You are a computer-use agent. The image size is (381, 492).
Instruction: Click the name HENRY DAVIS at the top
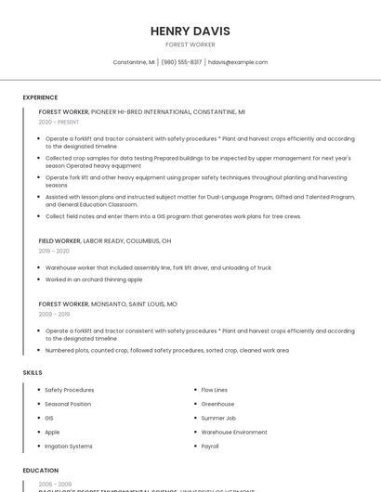(x=190, y=31)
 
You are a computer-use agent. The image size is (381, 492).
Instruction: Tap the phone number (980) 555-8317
(x=181, y=62)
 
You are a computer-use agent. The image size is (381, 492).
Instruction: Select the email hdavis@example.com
(x=238, y=62)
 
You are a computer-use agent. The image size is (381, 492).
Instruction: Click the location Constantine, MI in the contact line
(x=134, y=62)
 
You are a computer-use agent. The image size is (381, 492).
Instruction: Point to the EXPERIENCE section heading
(x=40, y=97)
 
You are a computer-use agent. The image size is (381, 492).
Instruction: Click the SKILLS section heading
(x=33, y=372)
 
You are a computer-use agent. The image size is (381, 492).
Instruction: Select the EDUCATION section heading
(x=41, y=471)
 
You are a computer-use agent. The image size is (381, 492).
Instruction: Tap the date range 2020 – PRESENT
(x=59, y=122)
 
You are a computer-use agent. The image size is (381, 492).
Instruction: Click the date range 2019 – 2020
(x=54, y=251)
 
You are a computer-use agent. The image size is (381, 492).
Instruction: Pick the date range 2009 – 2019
(x=54, y=314)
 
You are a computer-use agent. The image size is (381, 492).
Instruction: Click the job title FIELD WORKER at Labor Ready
(x=59, y=240)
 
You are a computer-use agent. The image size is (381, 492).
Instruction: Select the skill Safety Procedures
(x=70, y=390)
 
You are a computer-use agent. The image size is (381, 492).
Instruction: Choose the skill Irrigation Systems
(x=69, y=446)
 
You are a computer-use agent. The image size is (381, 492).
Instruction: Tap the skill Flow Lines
(x=215, y=390)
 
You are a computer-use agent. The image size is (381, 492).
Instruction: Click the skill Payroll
(x=210, y=446)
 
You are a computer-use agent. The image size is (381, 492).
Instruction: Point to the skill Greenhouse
(x=217, y=404)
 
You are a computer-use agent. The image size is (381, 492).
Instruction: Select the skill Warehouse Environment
(x=234, y=432)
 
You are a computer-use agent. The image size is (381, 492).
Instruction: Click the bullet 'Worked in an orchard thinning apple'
(x=94, y=279)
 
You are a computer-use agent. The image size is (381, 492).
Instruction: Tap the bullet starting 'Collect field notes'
(x=173, y=216)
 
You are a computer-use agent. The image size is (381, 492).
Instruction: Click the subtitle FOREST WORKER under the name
(x=190, y=45)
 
